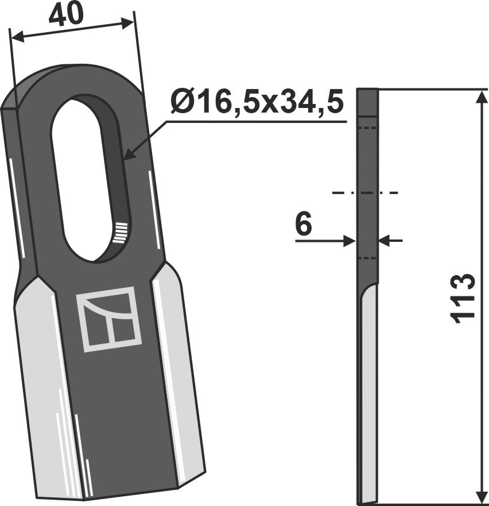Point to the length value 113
(464, 298)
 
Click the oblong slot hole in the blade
(85, 178)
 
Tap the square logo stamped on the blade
(109, 319)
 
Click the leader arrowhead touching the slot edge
(128, 154)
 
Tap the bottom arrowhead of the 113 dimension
(479, 498)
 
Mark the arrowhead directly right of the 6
(384, 241)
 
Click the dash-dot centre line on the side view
(365, 193)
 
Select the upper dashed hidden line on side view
(367, 128)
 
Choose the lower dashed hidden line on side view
(367, 258)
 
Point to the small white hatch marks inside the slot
(119, 232)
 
